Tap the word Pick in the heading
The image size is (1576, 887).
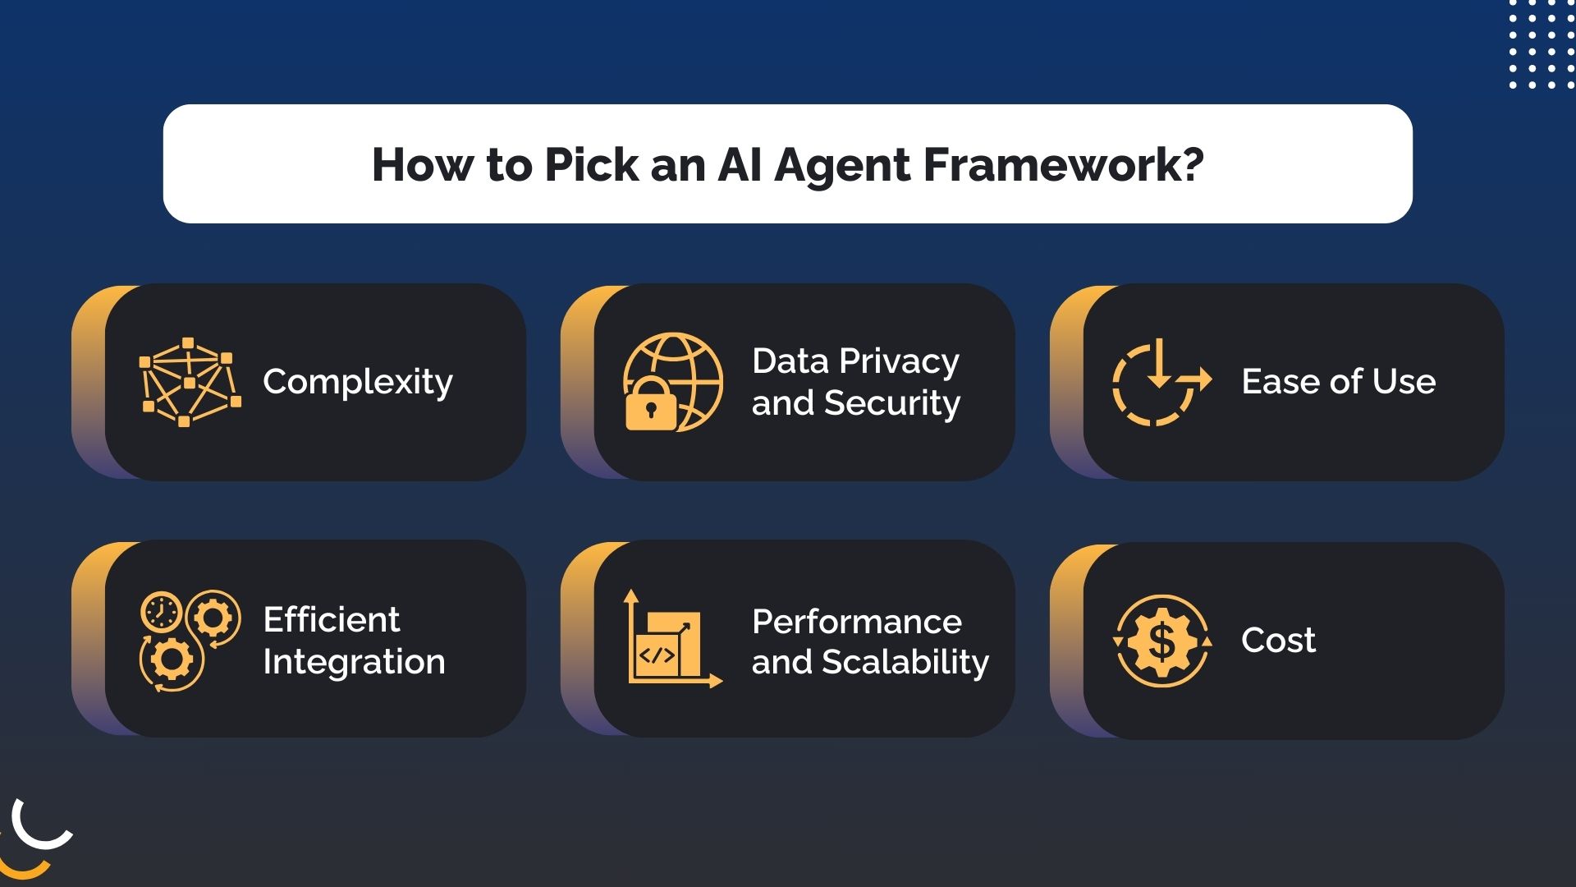point(591,164)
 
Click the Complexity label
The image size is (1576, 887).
point(358,382)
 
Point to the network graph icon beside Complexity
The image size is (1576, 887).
point(190,382)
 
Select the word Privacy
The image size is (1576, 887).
point(900,361)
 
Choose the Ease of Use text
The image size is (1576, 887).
point(1338,382)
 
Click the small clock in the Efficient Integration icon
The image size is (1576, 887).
point(162,612)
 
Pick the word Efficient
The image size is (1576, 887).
point(331,619)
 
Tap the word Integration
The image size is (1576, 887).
point(354,662)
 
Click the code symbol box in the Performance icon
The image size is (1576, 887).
point(657,655)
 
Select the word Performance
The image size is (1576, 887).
point(856,622)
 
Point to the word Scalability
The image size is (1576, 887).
point(905,663)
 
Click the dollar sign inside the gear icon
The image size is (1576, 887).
point(1161,641)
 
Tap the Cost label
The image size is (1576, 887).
point(1278,641)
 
